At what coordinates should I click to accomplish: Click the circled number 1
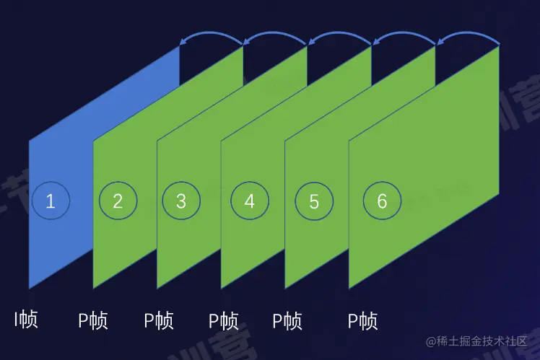point(51,201)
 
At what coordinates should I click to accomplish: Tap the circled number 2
point(118,201)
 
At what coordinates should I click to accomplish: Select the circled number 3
point(180,201)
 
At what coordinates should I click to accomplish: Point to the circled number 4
point(249,201)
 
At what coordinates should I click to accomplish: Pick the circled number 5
point(314,201)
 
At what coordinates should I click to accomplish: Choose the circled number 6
point(382,201)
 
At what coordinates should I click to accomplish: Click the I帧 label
point(26,319)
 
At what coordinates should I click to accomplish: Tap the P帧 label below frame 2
point(93,320)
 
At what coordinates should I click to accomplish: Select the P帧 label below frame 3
point(159,320)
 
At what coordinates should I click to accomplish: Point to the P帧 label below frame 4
point(224,320)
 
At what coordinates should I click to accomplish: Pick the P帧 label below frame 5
point(287,320)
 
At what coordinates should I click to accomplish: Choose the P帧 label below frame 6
point(362,320)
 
